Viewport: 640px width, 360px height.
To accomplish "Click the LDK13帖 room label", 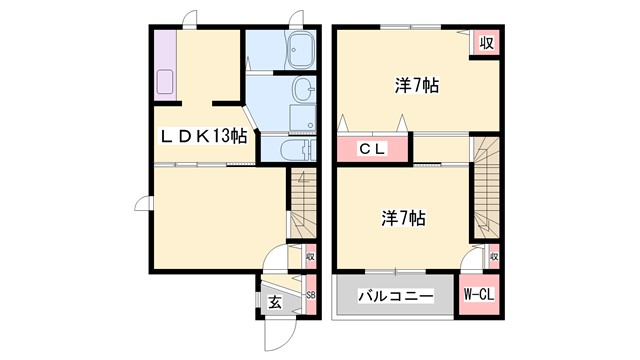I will click(200, 137).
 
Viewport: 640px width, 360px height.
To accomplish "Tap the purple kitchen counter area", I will click(165, 66).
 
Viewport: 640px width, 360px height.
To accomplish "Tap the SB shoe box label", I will click(310, 296).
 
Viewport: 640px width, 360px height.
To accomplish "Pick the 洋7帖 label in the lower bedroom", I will click(403, 216).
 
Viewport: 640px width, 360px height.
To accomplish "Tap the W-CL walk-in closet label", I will click(480, 295).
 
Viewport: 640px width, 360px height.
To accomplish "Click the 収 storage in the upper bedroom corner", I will click(486, 43).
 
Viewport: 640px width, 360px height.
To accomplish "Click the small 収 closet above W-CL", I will click(493, 257).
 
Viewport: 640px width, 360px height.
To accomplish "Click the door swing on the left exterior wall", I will click(143, 205).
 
